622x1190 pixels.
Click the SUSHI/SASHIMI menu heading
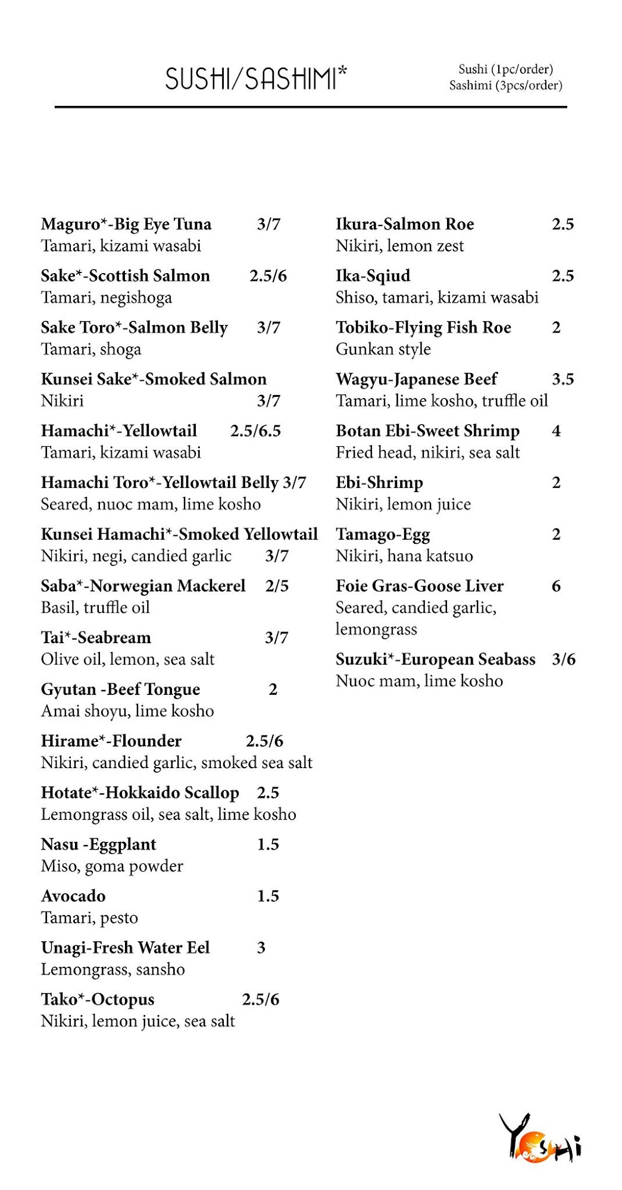[x=256, y=79]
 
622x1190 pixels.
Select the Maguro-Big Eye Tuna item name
[x=126, y=224]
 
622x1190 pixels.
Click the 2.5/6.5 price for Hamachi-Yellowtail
[x=255, y=431]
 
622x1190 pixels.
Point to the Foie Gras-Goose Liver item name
[x=420, y=586]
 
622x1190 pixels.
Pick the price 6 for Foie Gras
[x=556, y=586]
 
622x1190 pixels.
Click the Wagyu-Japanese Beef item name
[x=417, y=379]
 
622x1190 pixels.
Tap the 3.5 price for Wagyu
[x=562, y=379]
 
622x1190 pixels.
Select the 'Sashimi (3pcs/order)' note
[x=505, y=86]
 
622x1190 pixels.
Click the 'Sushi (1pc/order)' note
[x=505, y=69]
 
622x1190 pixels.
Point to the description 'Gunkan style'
[x=383, y=349]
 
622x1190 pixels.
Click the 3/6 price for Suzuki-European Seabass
[x=563, y=659]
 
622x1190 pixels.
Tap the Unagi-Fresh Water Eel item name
[x=126, y=948]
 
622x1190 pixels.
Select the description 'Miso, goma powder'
[x=112, y=866]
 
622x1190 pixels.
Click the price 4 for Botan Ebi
[x=556, y=431]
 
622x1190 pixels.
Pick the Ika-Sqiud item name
[x=373, y=276]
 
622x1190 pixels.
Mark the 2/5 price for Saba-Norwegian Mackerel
[x=277, y=586]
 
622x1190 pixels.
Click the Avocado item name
[x=73, y=896]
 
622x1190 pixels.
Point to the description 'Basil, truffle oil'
[x=95, y=607]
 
